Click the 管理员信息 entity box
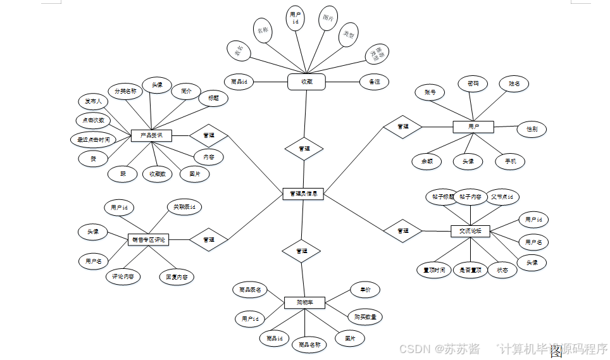tap(303, 194)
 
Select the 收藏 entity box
tap(306, 82)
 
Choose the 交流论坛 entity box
tap(470, 232)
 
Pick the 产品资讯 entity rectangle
tap(151, 135)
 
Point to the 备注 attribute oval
tap(374, 82)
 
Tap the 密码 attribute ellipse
tap(473, 84)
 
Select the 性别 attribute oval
tap(532, 129)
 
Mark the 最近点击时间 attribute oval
tap(93, 139)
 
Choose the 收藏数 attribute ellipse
tap(157, 174)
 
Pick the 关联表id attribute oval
tap(184, 207)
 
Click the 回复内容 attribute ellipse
tap(176, 276)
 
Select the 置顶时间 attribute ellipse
tap(434, 270)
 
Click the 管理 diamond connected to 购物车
tap(302, 251)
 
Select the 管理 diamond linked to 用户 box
tap(402, 127)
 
